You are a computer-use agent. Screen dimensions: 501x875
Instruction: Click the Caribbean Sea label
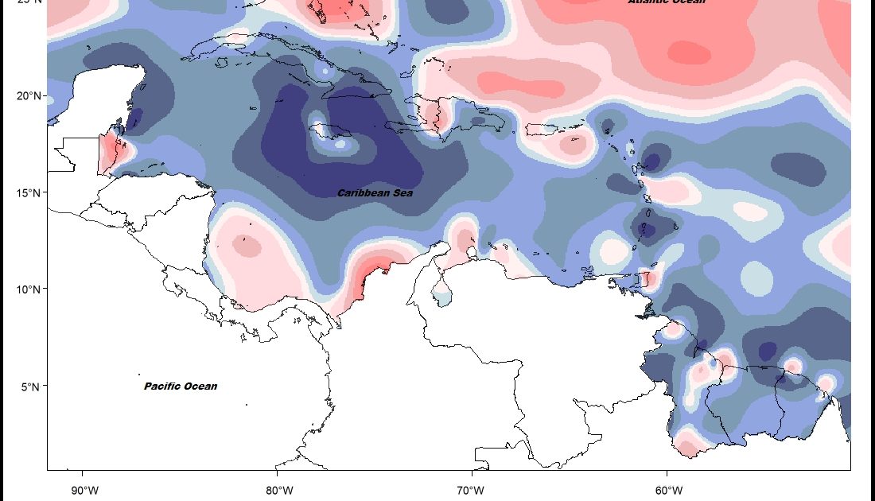375,193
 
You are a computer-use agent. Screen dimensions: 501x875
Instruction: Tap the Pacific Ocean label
181,386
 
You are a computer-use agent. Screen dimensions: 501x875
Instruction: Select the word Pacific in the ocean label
164,386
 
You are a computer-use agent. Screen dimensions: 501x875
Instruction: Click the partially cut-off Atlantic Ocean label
667,2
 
